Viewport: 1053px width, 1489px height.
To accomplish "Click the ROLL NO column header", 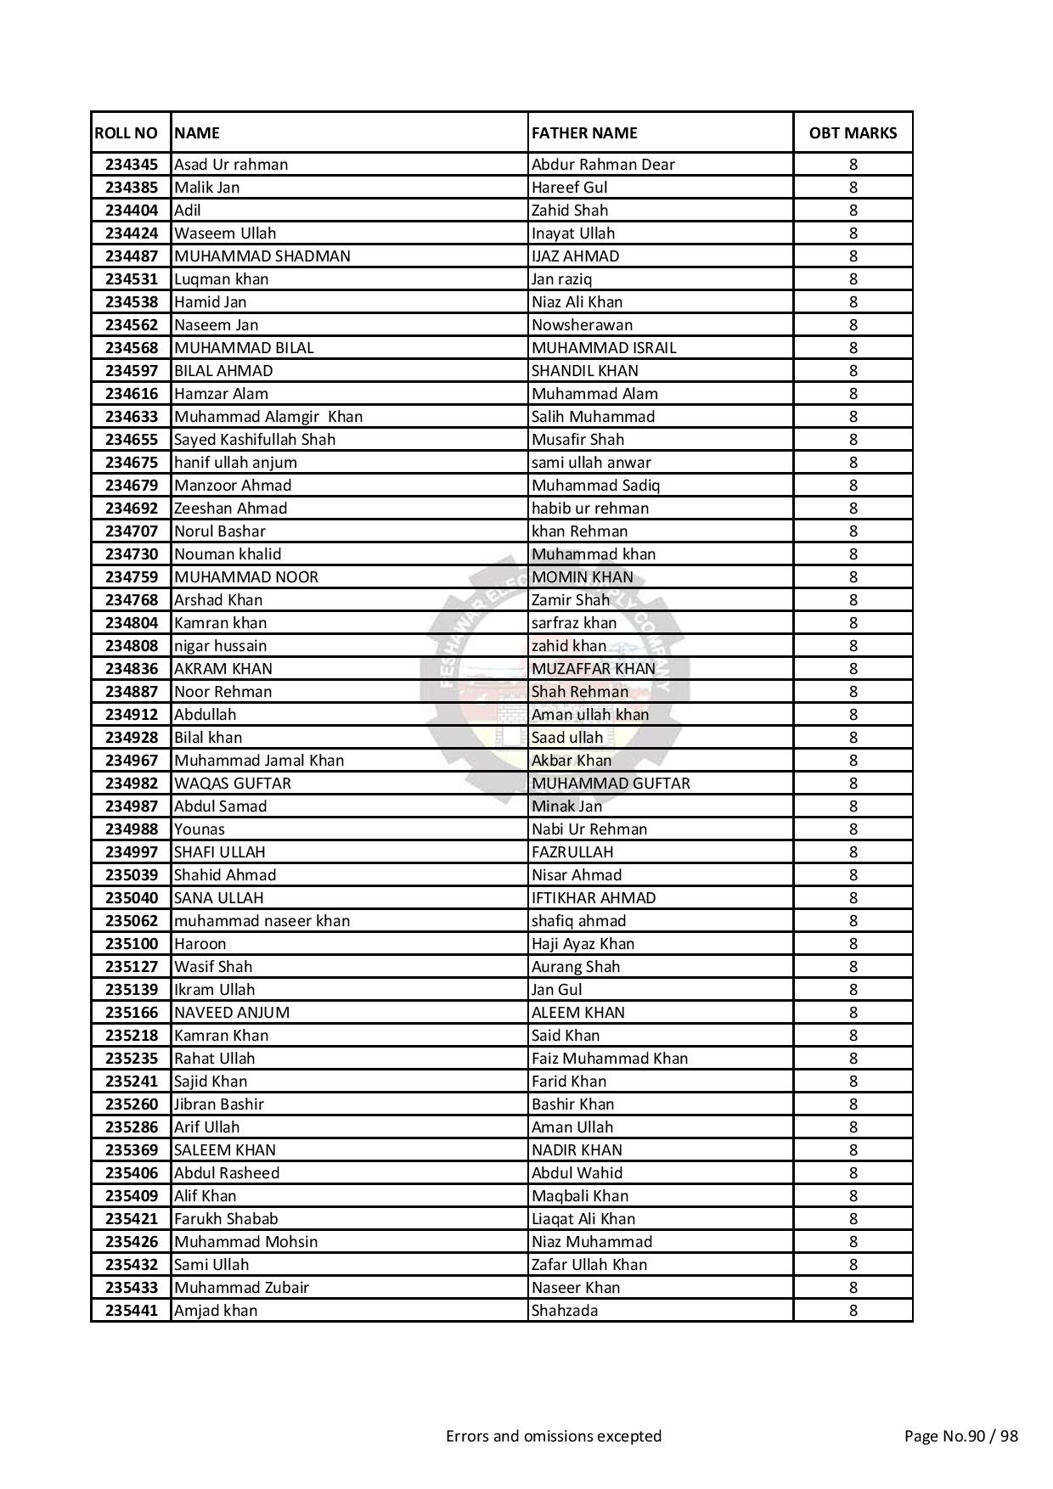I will (126, 133).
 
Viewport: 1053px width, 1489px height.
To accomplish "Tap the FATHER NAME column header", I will (583, 133).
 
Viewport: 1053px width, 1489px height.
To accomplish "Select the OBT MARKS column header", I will (853, 133).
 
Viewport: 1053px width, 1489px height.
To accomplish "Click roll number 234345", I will (132, 165).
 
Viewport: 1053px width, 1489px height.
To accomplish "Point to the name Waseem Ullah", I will (224, 233).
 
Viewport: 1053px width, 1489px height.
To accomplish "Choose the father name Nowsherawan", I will (582, 325).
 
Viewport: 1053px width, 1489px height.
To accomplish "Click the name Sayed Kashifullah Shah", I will (254, 440).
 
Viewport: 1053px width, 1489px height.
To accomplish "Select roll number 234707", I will (132, 531).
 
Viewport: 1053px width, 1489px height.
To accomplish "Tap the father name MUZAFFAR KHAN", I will (593, 669).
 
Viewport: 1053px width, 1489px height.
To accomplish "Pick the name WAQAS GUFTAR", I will (232, 784).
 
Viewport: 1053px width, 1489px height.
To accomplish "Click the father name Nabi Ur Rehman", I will (588, 829).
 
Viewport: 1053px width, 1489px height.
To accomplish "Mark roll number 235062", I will (132, 921).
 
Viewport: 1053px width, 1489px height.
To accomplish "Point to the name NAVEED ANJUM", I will (231, 1013).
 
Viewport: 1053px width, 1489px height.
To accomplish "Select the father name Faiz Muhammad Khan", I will (609, 1059).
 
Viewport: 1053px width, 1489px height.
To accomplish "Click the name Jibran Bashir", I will (218, 1104).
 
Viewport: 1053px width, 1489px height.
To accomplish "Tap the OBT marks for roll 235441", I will (853, 1311).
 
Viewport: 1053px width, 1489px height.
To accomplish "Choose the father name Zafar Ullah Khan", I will (588, 1265).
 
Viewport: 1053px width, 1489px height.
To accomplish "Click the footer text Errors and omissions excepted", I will (553, 1436).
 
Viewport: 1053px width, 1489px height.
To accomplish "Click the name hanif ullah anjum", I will (235, 463).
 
